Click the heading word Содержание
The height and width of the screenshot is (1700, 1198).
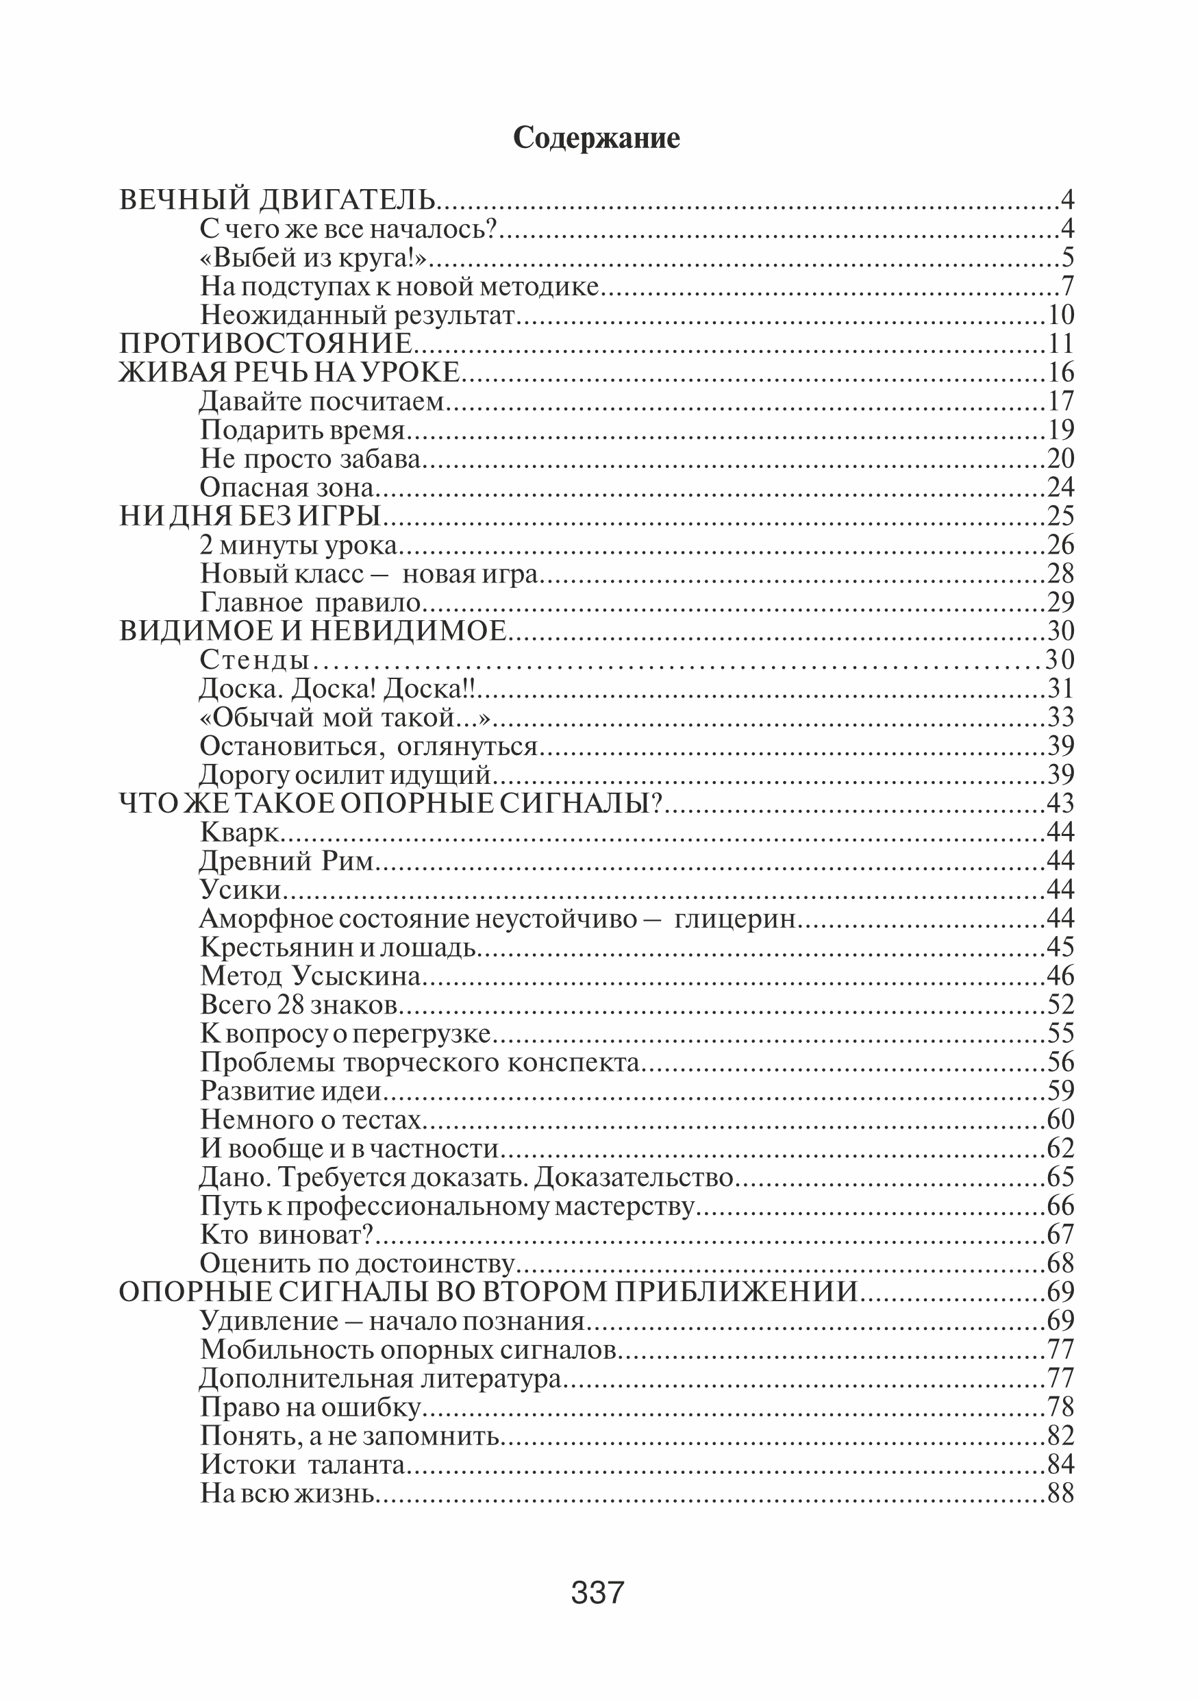tap(597, 138)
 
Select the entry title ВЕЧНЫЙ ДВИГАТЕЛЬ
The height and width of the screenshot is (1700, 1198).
tap(277, 200)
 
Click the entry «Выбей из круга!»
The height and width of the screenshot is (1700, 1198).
tap(314, 258)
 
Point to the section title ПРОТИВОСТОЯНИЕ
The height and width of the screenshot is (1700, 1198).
tap(266, 343)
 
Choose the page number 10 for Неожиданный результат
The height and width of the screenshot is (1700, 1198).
tap(1061, 315)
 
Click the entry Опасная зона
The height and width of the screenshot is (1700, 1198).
tap(286, 487)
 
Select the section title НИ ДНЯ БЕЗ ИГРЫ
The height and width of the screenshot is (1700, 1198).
tap(250, 516)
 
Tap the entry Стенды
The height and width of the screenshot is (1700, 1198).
tap(254, 660)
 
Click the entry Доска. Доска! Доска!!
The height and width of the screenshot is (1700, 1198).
tap(337, 689)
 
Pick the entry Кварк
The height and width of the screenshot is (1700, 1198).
tap(240, 833)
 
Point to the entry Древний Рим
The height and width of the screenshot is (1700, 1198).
tap(286, 861)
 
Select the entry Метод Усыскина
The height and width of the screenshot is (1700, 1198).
tap(310, 976)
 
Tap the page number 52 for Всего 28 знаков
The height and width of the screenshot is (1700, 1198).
tap(1061, 1005)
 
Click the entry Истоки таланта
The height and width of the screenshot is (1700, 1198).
tap(302, 1464)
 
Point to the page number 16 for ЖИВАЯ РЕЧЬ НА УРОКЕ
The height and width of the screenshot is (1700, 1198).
tap(1061, 373)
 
